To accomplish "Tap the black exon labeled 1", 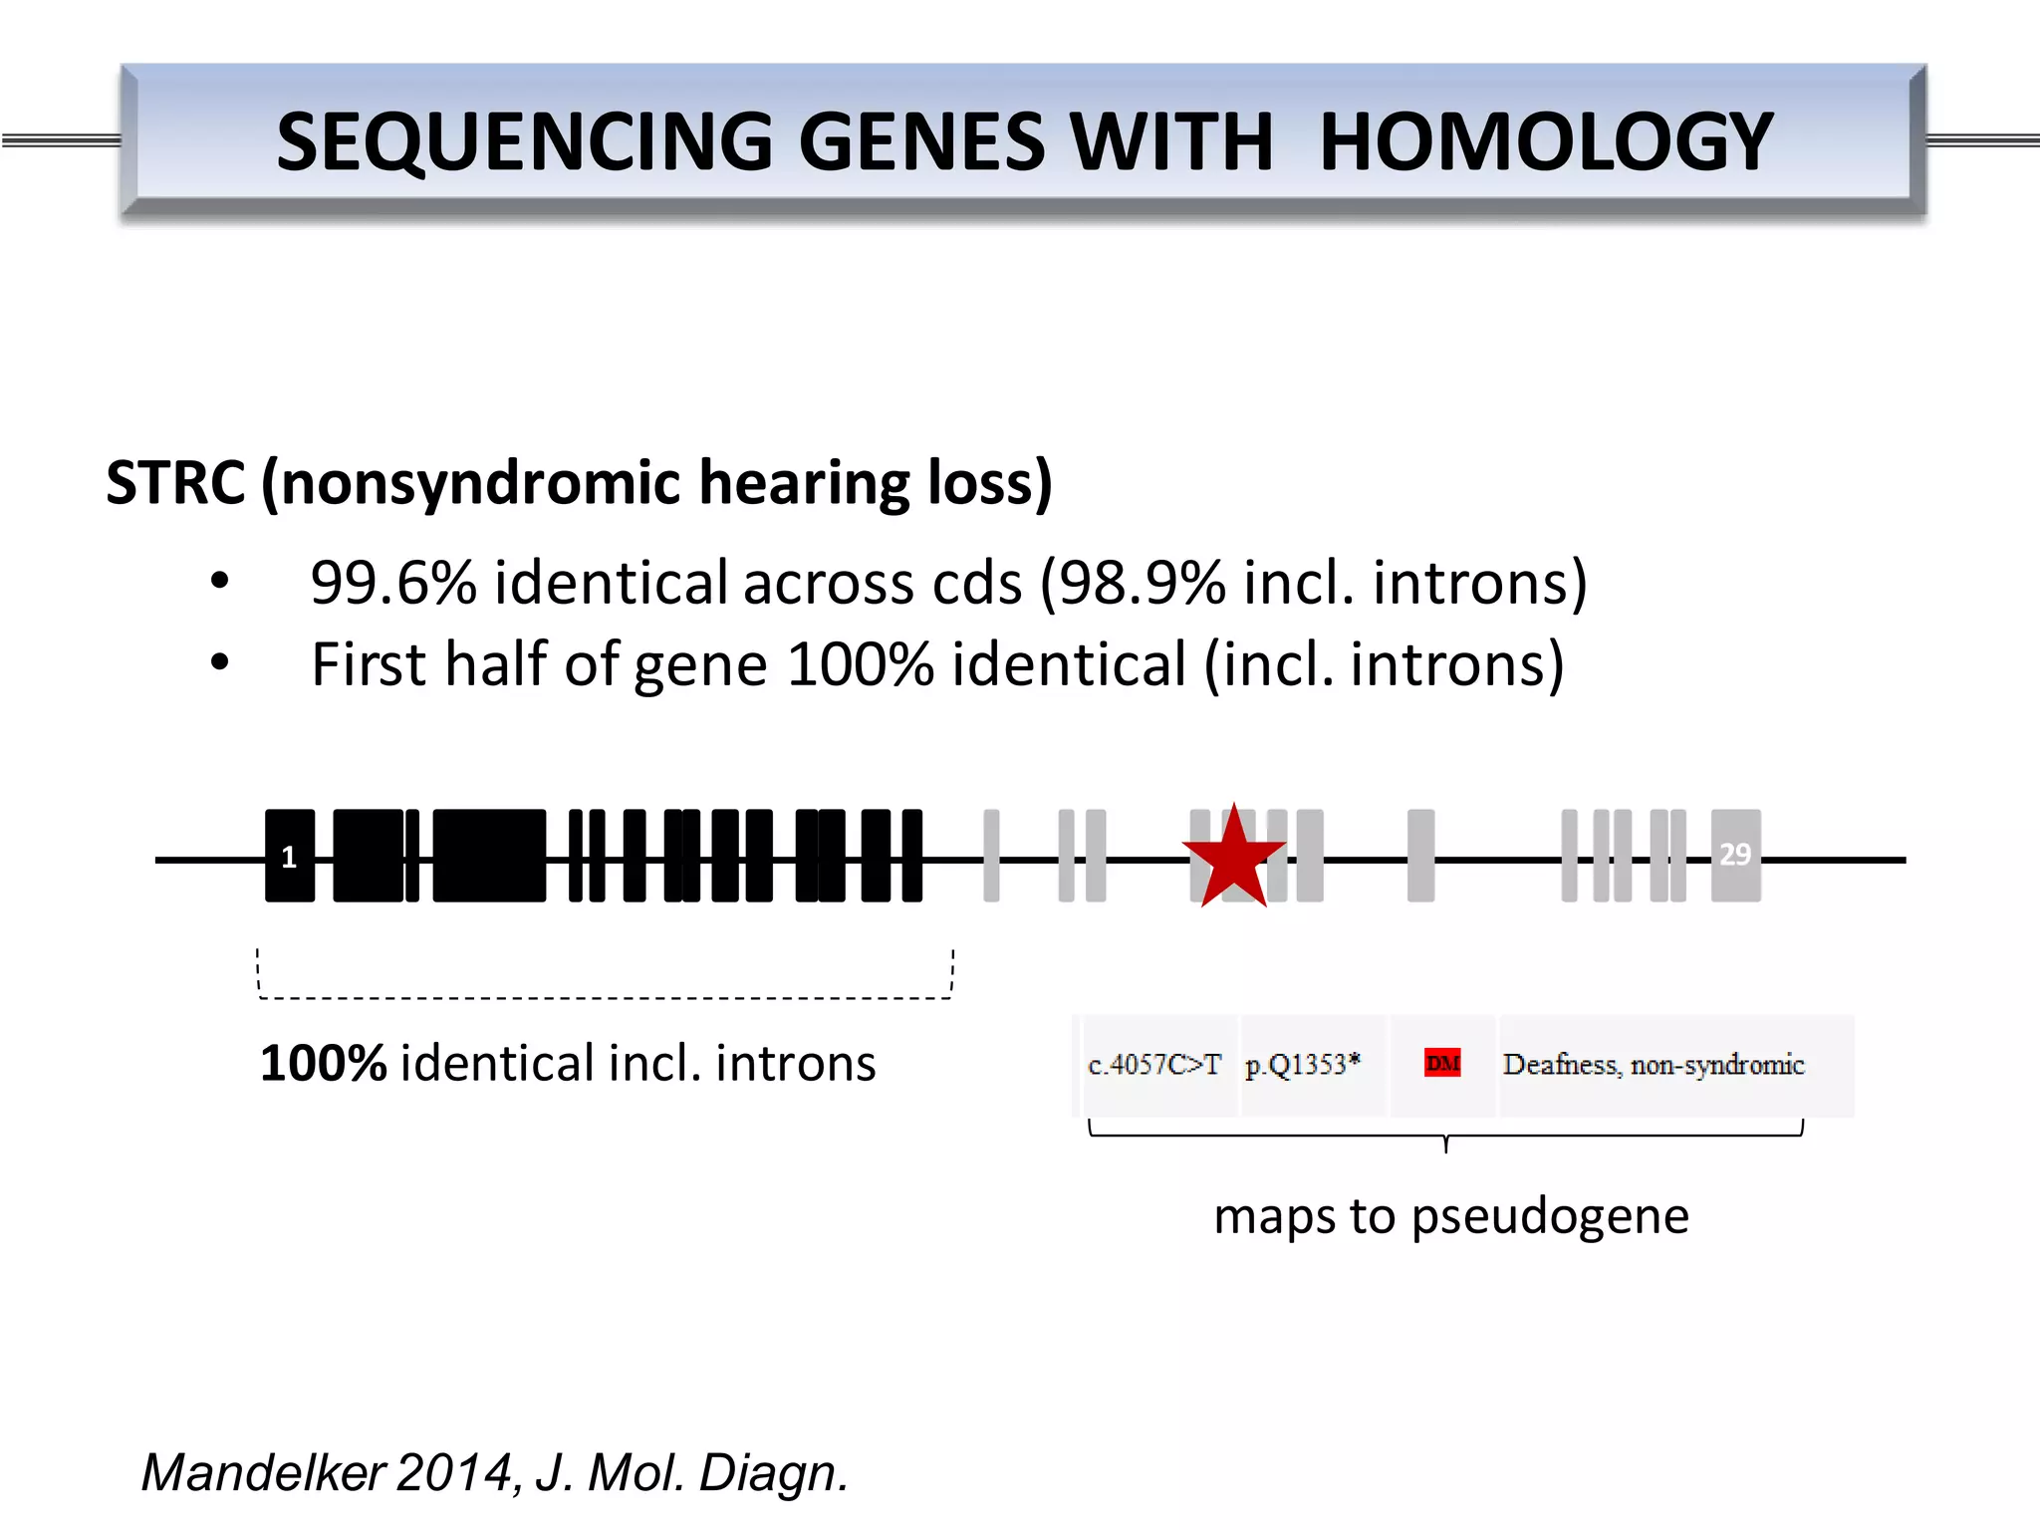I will pyautogui.click(x=289, y=857).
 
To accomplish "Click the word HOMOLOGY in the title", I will pyautogui.click(x=1545, y=141).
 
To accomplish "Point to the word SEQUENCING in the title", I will pyautogui.click(x=524, y=141).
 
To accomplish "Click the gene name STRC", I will pyautogui.click(x=175, y=483).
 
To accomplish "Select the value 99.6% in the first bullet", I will pyautogui.click(x=393, y=583).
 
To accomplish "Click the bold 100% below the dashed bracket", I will pyautogui.click(x=323, y=1063).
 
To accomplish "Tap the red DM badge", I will pyautogui.click(x=1442, y=1063).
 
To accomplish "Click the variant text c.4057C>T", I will pyautogui.click(x=1153, y=1065).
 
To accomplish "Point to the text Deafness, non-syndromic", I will pyautogui.click(x=1654, y=1065).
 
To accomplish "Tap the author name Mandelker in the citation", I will pyautogui.click(x=263, y=1472).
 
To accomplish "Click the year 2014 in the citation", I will pyautogui.click(x=454, y=1472).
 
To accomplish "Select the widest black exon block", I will pyautogui.click(x=489, y=856).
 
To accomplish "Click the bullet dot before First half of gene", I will pyautogui.click(x=220, y=662).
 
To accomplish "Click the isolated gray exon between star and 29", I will pyautogui.click(x=1420, y=856).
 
